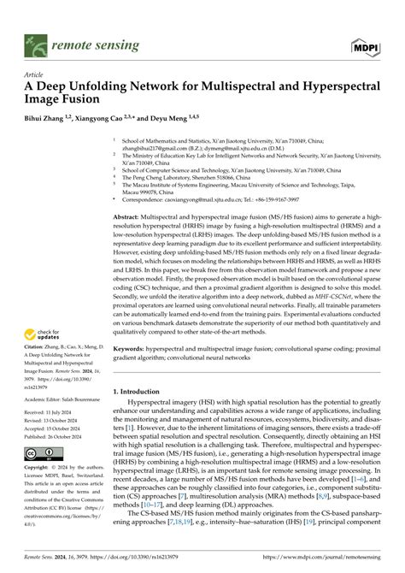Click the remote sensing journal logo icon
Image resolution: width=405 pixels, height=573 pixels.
coord(34,40)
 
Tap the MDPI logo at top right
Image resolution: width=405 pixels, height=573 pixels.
coord(365,40)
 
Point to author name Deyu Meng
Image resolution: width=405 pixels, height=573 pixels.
coord(173,117)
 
